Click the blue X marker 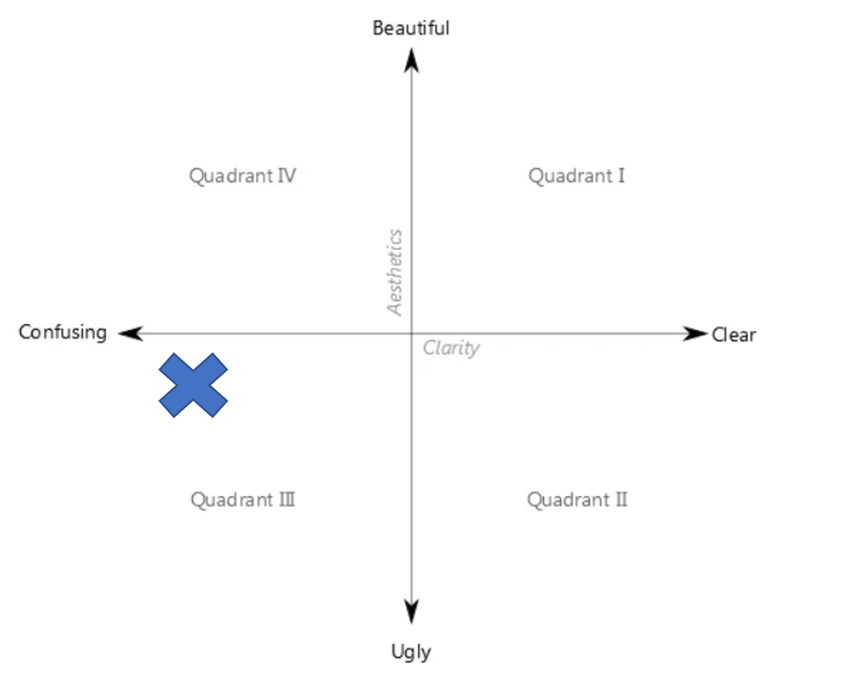click(193, 385)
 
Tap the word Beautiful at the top click(411, 28)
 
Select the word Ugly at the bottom click(411, 651)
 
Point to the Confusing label click(63, 332)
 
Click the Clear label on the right click(734, 335)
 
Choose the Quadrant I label click(576, 176)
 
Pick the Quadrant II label click(577, 500)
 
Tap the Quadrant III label click(243, 500)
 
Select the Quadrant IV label click(243, 176)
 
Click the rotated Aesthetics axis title click(394, 271)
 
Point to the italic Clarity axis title click(451, 347)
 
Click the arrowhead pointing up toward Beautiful click(411, 60)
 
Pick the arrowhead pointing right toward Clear click(695, 334)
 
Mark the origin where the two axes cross click(411, 334)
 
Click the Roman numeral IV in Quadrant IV click(286, 176)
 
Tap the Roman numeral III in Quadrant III click(287, 500)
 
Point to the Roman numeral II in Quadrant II click(621, 500)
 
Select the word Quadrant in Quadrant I click(570, 176)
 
